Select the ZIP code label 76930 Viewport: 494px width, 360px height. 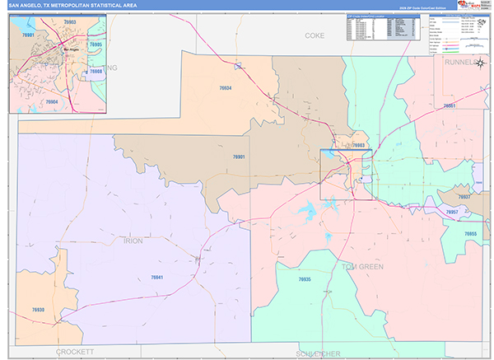[38, 310]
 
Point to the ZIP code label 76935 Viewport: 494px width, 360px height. [305, 279]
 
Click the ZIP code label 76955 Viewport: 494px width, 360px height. [470, 235]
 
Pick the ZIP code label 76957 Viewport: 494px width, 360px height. [452, 213]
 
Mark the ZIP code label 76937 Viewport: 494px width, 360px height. [464, 197]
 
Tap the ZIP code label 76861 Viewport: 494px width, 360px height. [449, 106]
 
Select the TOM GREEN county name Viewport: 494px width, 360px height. [363, 266]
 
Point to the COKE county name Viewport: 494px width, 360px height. [315, 36]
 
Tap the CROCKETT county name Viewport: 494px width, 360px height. [77, 352]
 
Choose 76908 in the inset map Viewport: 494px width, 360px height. [96, 72]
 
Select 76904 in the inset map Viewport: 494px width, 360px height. [51, 101]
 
